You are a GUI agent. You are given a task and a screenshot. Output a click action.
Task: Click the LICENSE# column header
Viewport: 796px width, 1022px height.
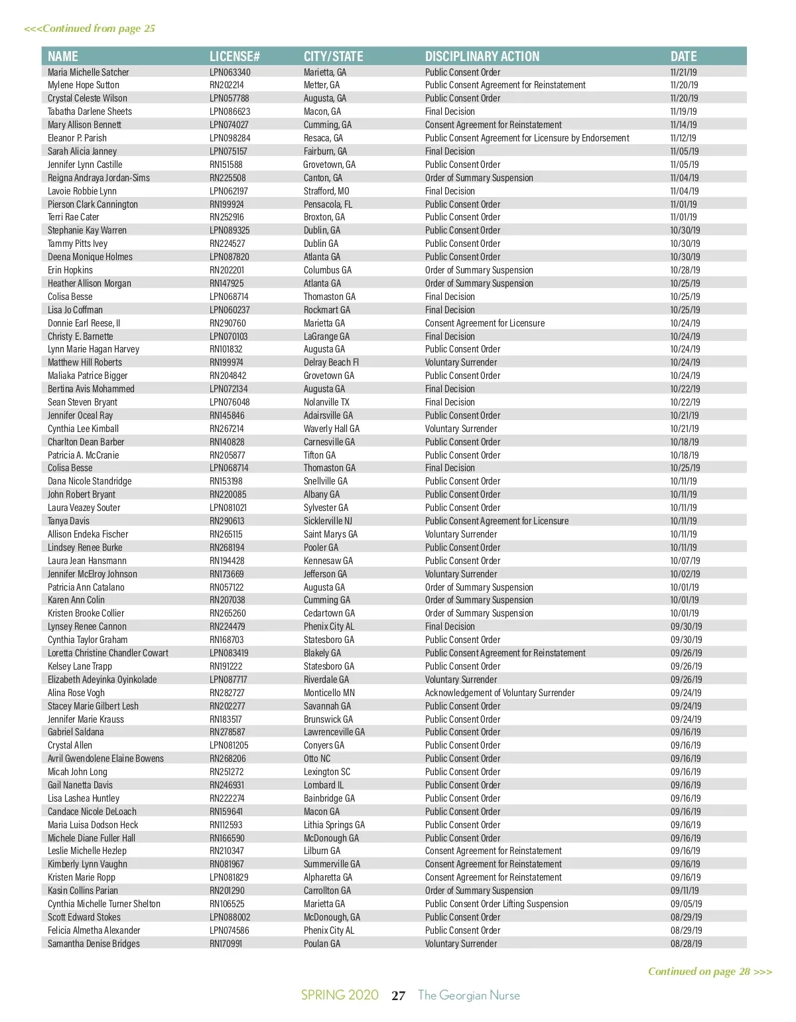[x=234, y=56]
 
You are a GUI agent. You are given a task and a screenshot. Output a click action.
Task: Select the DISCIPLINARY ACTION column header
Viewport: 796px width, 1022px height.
[x=482, y=56]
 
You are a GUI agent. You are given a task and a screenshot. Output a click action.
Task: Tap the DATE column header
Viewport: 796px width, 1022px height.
[x=683, y=56]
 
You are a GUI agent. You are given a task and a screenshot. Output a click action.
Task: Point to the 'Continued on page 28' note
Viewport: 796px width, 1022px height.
[x=710, y=972]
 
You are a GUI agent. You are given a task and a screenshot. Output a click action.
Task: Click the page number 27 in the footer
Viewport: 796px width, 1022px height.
[x=398, y=995]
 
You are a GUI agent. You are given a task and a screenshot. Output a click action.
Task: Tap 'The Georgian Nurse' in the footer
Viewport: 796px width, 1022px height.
[x=468, y=995]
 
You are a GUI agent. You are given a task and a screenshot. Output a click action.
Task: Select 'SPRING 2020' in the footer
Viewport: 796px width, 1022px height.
[x=340, y=995]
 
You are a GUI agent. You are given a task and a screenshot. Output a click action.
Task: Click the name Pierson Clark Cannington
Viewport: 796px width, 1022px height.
[x=93, y=204]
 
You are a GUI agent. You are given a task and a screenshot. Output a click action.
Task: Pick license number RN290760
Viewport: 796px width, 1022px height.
[x=228, y=323]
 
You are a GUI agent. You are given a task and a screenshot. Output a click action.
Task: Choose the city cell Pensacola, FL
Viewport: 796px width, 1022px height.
[x=328, y=204]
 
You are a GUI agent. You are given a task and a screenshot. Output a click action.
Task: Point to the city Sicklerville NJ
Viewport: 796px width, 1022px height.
[x=328, y=521]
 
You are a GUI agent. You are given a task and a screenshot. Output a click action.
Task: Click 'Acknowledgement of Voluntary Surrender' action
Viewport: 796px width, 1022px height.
[x=499, y=693]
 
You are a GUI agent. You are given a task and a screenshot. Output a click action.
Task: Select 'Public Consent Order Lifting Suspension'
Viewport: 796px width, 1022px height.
[x=496, y=904]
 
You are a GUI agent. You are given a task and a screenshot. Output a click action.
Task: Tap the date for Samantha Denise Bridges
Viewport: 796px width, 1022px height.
[x=686, y=944]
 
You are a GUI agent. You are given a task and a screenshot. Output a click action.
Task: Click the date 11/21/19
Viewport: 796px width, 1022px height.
[x=683, y=72]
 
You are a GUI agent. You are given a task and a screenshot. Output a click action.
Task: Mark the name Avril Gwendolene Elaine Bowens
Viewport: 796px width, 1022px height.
[x=105, y=759]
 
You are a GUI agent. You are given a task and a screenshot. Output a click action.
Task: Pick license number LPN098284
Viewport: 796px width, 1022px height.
[x=230, y=138]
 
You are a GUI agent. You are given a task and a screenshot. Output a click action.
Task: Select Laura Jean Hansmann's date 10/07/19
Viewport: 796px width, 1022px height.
[x=685, y=561]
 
